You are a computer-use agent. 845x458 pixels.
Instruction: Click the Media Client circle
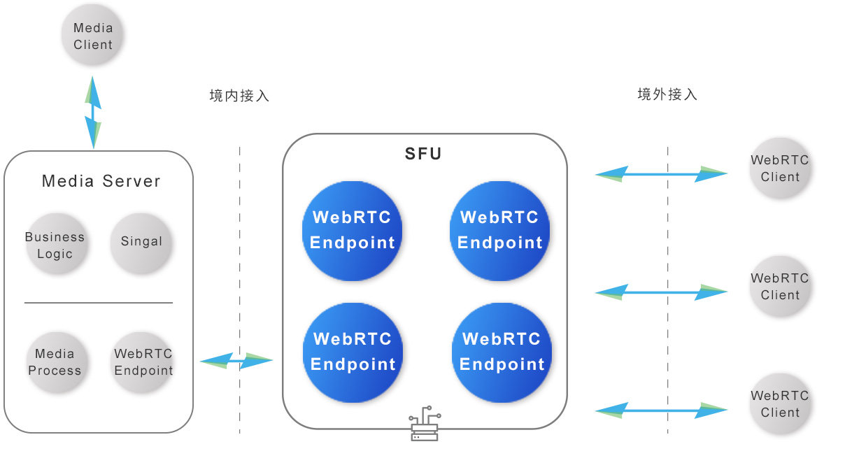[93, 36]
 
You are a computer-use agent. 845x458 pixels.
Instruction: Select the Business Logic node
[55, 245]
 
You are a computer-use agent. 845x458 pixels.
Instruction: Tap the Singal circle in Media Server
[141, 242]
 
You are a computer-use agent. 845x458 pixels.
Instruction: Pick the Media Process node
[55, 362]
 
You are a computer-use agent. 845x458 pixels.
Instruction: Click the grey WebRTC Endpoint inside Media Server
[143, 362]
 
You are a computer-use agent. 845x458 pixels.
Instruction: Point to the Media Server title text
[101, 182]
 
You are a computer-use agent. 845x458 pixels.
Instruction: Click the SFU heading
[424, 154]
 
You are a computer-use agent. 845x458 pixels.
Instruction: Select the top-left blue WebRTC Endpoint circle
[353, 230]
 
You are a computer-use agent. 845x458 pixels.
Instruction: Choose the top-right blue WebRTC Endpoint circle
[500, 230]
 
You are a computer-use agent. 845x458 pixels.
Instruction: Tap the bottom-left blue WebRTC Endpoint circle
[353, 352]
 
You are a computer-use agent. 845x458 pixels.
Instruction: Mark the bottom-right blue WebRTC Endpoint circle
[502, 352]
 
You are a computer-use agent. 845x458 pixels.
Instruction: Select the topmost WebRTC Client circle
[780, 169]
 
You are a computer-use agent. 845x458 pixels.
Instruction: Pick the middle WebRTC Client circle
[780, 287]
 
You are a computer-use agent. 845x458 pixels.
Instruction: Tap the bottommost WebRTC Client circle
[780, 404]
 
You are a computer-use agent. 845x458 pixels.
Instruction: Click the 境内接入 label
[239, 96]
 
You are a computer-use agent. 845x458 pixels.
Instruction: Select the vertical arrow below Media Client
[93, 112]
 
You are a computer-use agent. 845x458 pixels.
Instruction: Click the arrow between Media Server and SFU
[236, 361]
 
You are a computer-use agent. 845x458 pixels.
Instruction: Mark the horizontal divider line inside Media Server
[99, 303]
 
